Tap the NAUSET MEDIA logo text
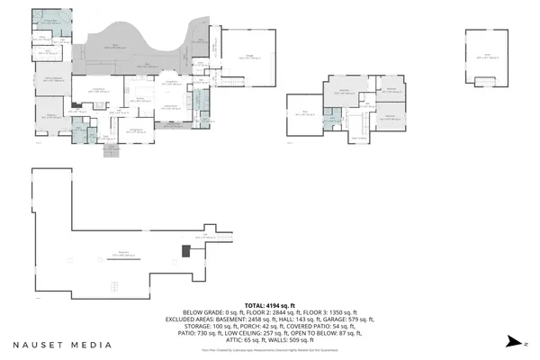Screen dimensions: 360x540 click(x=62, y=345)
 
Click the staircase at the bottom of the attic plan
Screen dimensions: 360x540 click(x=485, y=80)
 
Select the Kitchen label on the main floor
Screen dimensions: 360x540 click(x=139, y=101)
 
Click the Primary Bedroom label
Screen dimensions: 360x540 click(x=54, y=80)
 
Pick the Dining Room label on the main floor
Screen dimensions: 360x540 click(x=138, y=131)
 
